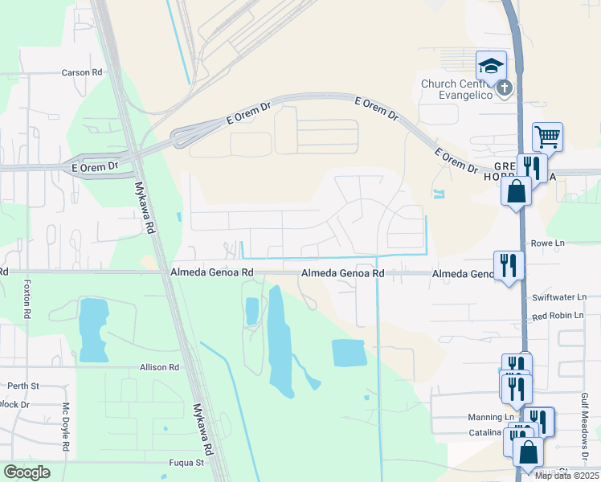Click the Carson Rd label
pyautogui.click(x=83, y=72)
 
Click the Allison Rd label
pyautogui.click(x=158, y=367)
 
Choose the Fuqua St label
pyautogui.click(x=186, y=463)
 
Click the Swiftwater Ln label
pyautogui.click(x=559, y=297)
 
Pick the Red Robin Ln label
pyautogui.click(x=558, y=316)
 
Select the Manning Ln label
pyautogui.click(x=491, y=418)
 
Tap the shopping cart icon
pyautogui.click(x=547, y=137)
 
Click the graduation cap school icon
pyautogui.click(x=491, y=65)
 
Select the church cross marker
pyautogui.click(x=505, y=87)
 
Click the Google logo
pyautogui.click(x=27, y=472)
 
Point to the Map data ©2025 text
pyautogui.click(x=566, y=476)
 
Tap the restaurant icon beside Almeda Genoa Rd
pyautogui.click(x=509, y=264)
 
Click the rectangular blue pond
pyautogui.click(x=349, y=353)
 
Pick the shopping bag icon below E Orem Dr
pyautogui.click(x=514, y=192)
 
